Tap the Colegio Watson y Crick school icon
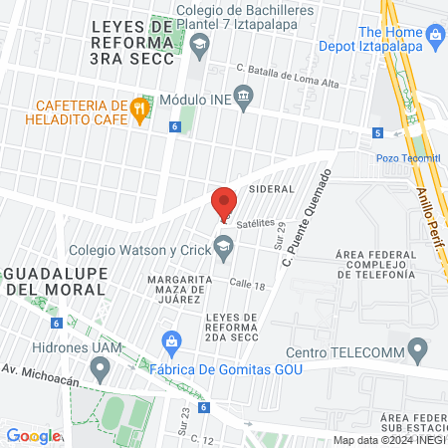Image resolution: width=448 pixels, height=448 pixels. pos(225,244)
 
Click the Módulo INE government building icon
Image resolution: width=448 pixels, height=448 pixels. pos(245,97)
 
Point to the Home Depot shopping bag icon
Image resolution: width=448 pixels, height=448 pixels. pos(434,37)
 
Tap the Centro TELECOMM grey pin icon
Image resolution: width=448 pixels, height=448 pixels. pos(418,350)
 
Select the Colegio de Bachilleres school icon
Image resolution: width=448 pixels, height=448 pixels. pos(199,44)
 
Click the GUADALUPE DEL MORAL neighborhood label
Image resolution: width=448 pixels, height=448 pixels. pos(55,280)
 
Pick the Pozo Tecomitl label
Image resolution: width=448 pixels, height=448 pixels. pos(408,157)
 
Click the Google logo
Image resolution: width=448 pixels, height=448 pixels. pos(33,435)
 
